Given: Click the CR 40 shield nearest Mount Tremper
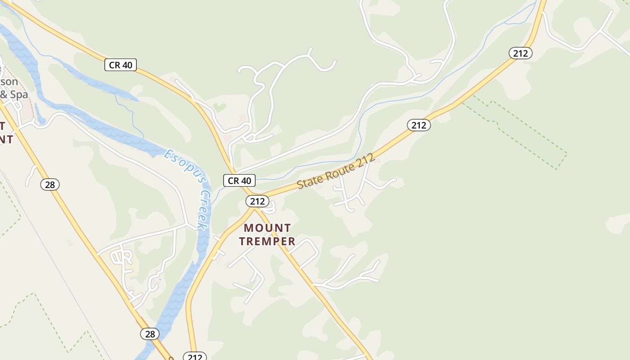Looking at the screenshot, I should (x=239, y=180).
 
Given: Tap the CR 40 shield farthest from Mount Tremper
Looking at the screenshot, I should (x=121, y=65).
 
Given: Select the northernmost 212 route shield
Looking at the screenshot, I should (x=521, y=53).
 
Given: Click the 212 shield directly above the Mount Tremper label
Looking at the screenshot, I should (x=257, y=201).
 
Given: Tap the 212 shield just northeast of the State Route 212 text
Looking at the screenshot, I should (x=419, y=125).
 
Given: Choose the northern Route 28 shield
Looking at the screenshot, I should (x=50, y=184).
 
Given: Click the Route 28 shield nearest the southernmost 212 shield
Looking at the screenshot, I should (x=150, y=333).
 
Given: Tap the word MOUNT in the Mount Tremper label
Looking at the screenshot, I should (x=267, y=228).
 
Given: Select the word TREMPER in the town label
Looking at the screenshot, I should (x=267, y=241).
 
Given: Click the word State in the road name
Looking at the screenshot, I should (x=308, y=182).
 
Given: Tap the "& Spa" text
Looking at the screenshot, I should (x=14, y=94).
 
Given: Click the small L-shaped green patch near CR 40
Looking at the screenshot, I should (x=220, y=108).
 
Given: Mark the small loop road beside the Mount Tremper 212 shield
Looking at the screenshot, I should (x=270, y=208).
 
